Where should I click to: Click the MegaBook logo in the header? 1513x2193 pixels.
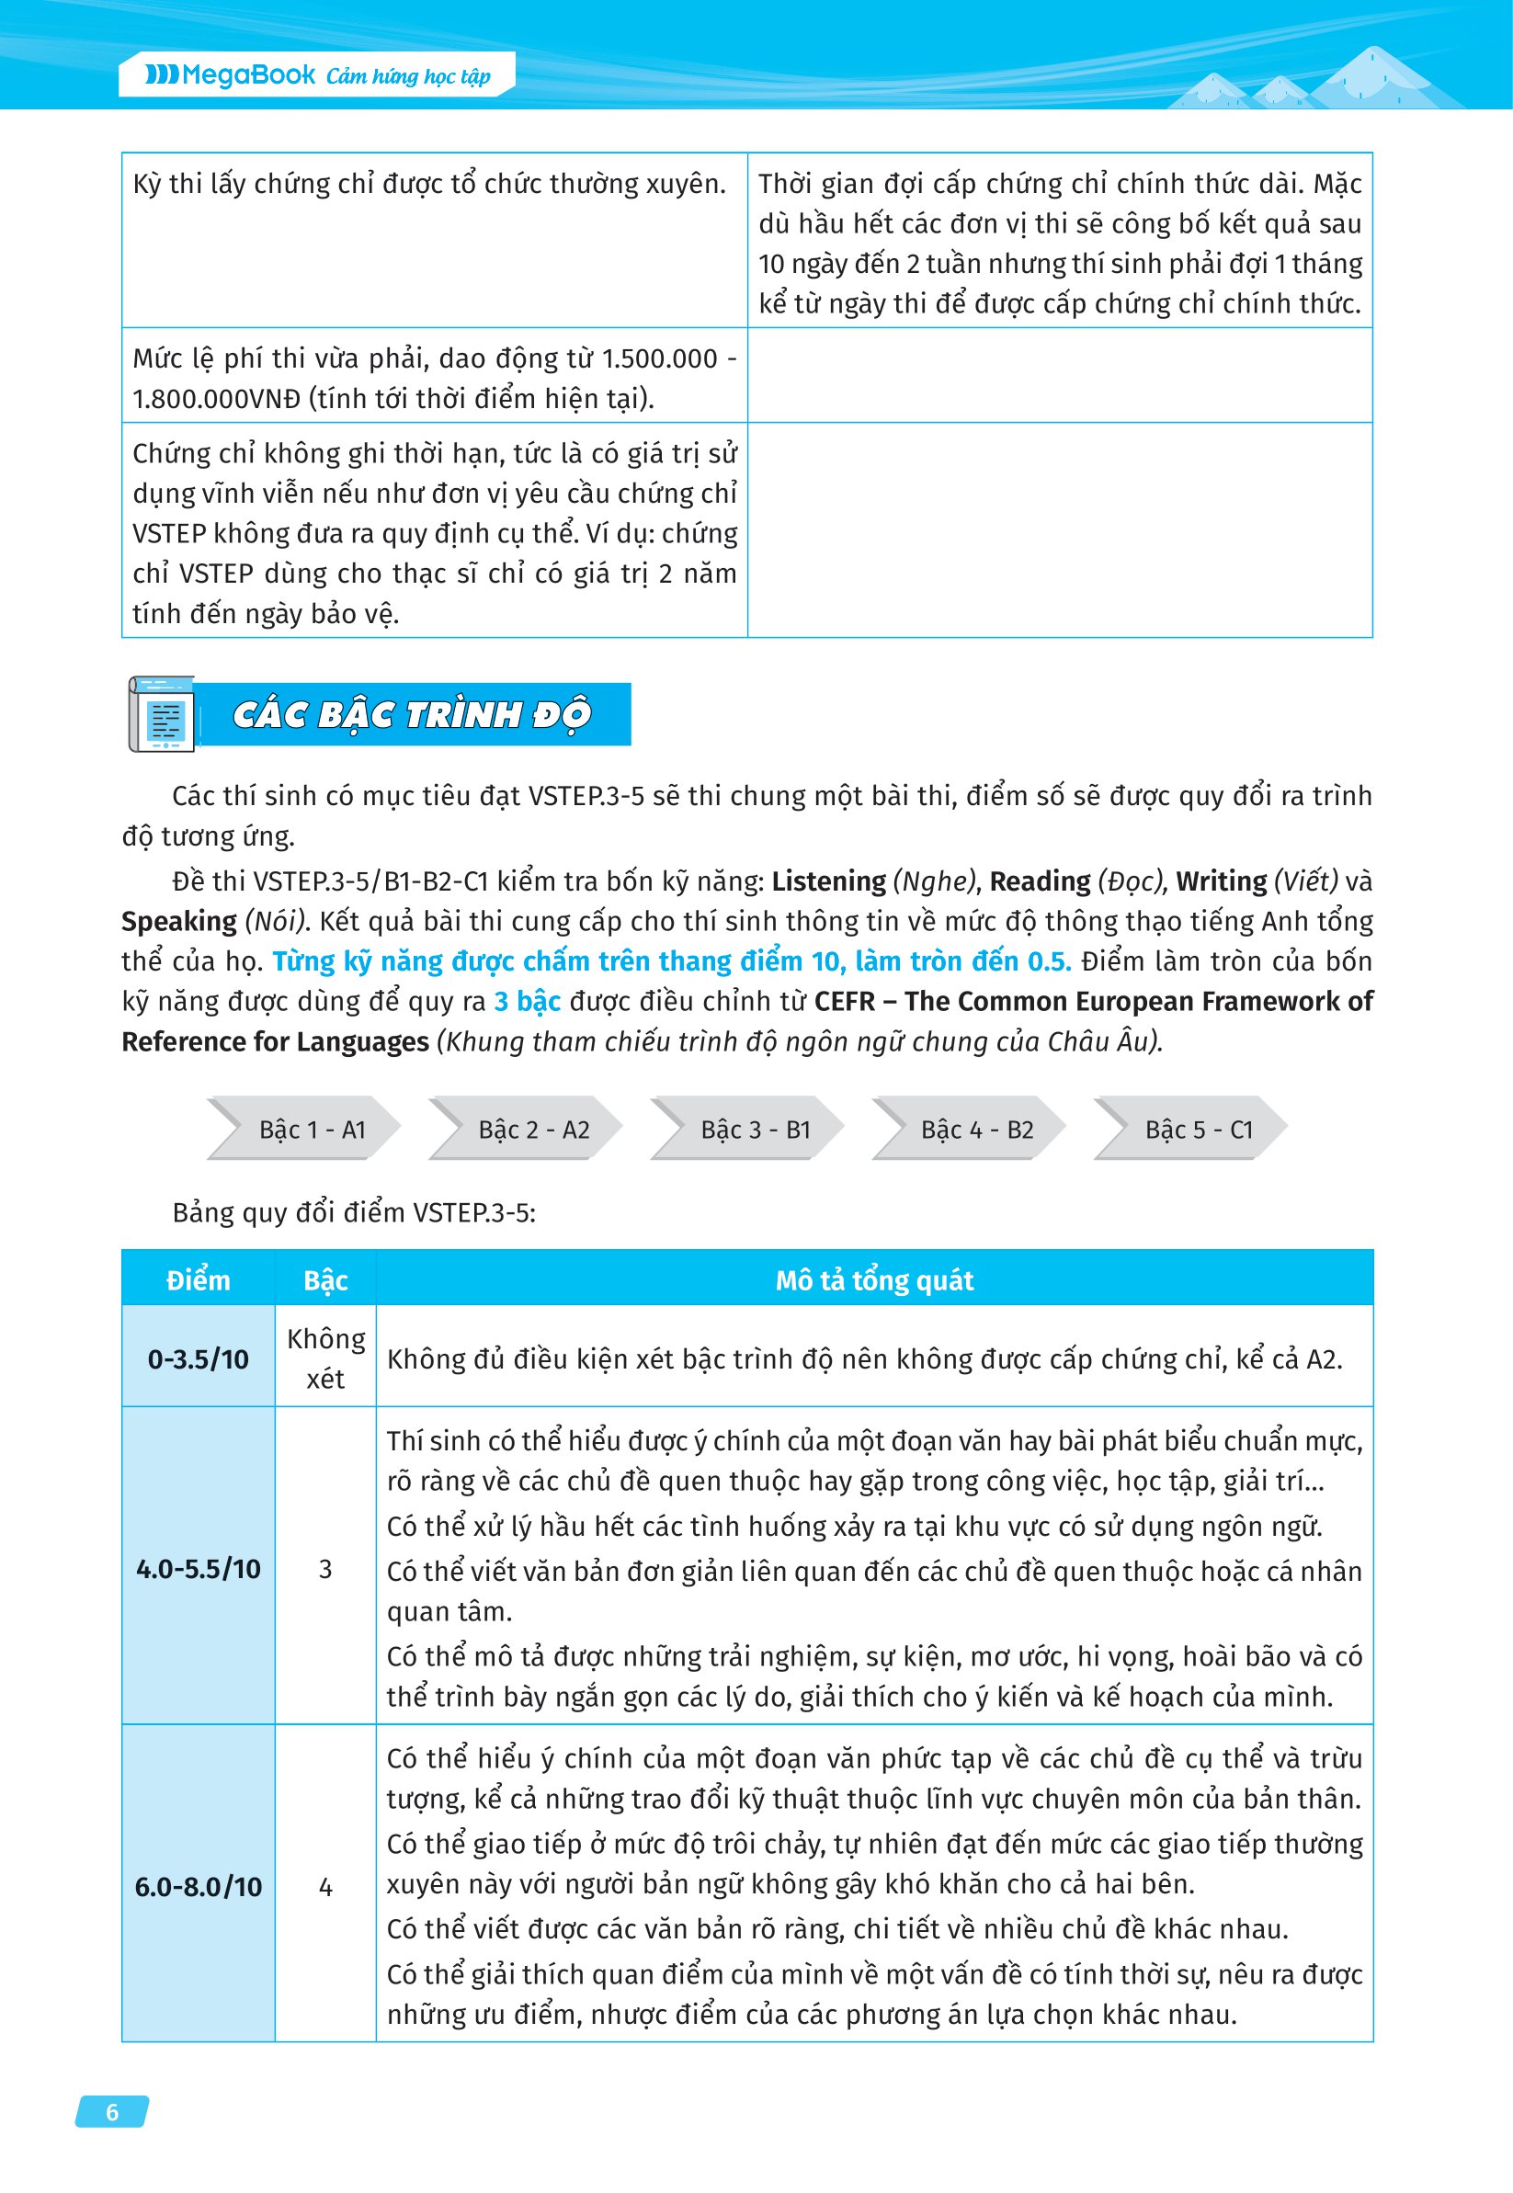[230, 74]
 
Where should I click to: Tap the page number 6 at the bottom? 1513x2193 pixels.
[112, 2111]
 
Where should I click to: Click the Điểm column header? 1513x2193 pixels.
[199, 1279]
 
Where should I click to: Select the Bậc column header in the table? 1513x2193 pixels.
[325, 1279]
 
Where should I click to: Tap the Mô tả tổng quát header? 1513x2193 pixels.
[874, 1279]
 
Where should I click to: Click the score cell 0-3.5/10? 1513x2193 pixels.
[199, 1358]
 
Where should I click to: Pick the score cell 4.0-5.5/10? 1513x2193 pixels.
[199, 1567]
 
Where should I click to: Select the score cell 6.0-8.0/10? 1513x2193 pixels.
[199, 1886]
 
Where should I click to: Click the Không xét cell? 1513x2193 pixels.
[325, 1358]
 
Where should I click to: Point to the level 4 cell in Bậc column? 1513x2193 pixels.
[325, 1887]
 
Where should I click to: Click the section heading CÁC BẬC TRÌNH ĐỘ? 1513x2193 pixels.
[412, 713]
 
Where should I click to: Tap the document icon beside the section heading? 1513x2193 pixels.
[162, 713]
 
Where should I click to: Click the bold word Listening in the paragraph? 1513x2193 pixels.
[827, 881]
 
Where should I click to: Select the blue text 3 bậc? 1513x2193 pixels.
[527, 1001]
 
